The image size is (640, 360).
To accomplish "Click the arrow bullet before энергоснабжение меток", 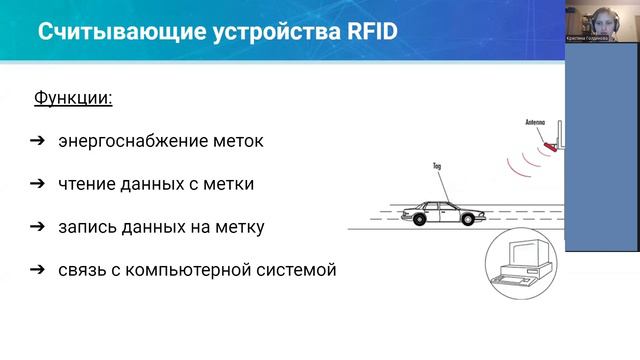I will (x=36, y=141).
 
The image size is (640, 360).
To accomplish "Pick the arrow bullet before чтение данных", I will (x=36, y=183).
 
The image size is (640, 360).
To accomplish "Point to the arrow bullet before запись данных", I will (x=36, y=226).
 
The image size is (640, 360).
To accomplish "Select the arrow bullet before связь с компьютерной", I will (x=36, y=269).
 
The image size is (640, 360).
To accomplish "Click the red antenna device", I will (x=548, y=144).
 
